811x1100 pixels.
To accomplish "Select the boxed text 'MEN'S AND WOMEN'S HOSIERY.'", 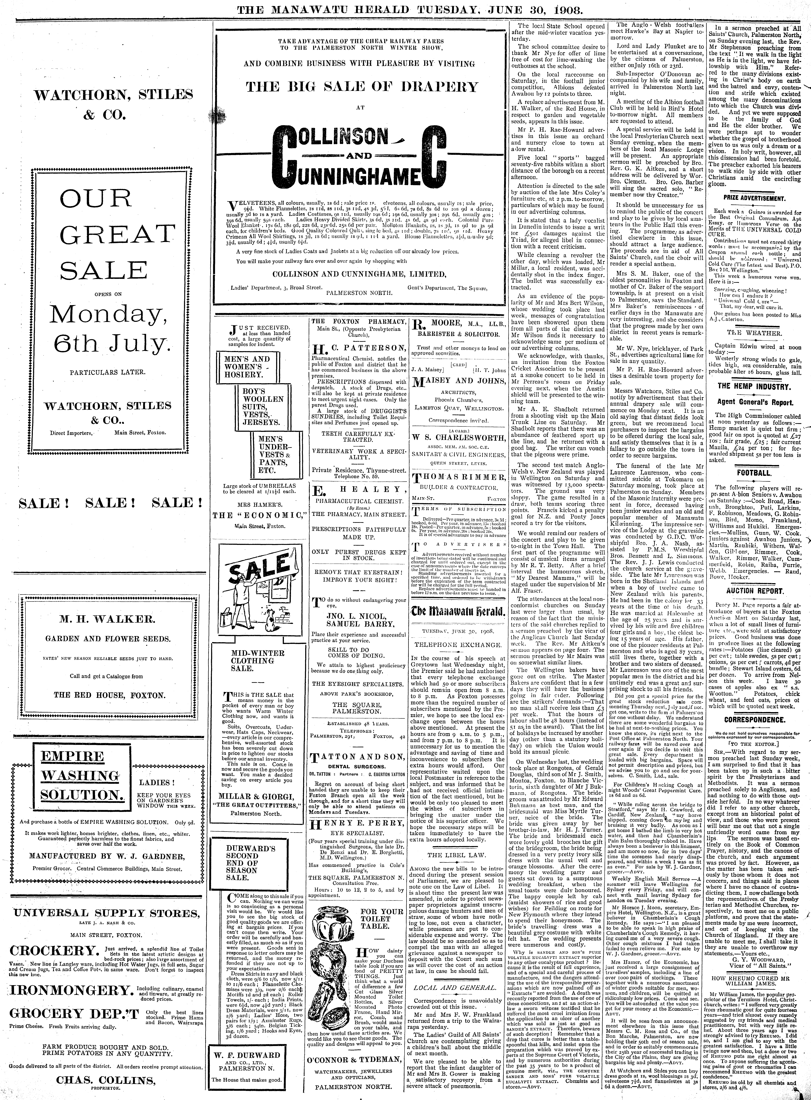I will tap(244, 367).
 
